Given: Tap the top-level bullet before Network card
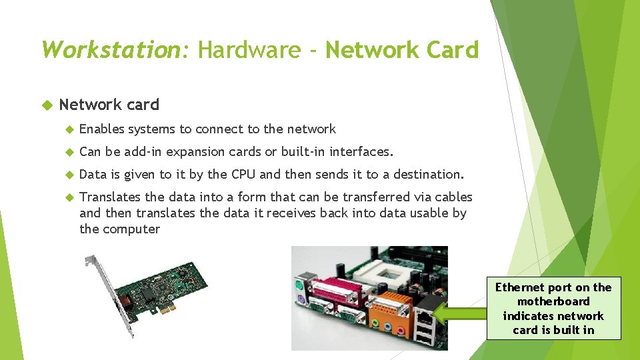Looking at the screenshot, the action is (47, 105).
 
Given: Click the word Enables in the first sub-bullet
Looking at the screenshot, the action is (101, 129).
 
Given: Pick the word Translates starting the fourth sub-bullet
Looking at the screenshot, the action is (110, 197).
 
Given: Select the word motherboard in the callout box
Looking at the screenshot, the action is (553, 301).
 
